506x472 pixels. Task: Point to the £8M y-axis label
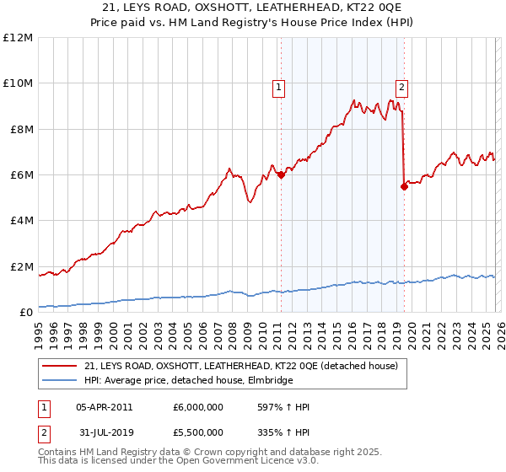[x=19, y=129]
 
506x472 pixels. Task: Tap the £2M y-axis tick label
[x=19, y=266]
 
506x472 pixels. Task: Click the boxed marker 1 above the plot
[x=278, y=86]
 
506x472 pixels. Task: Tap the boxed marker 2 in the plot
[x=401, y=86]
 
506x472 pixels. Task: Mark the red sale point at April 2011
[x=281, y=174]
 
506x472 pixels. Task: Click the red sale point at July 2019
[x=404, y=186]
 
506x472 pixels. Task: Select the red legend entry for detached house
[x=240, y=366]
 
